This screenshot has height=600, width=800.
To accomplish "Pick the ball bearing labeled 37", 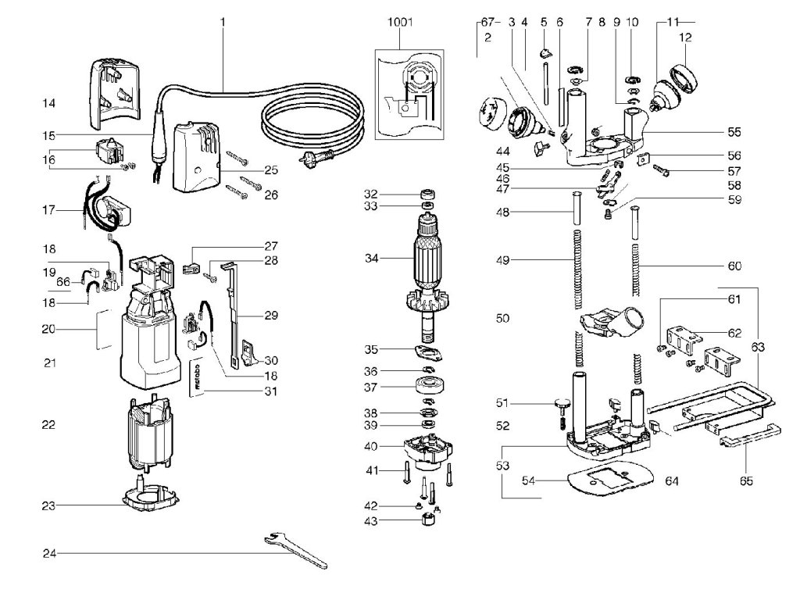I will coord(429,387).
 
